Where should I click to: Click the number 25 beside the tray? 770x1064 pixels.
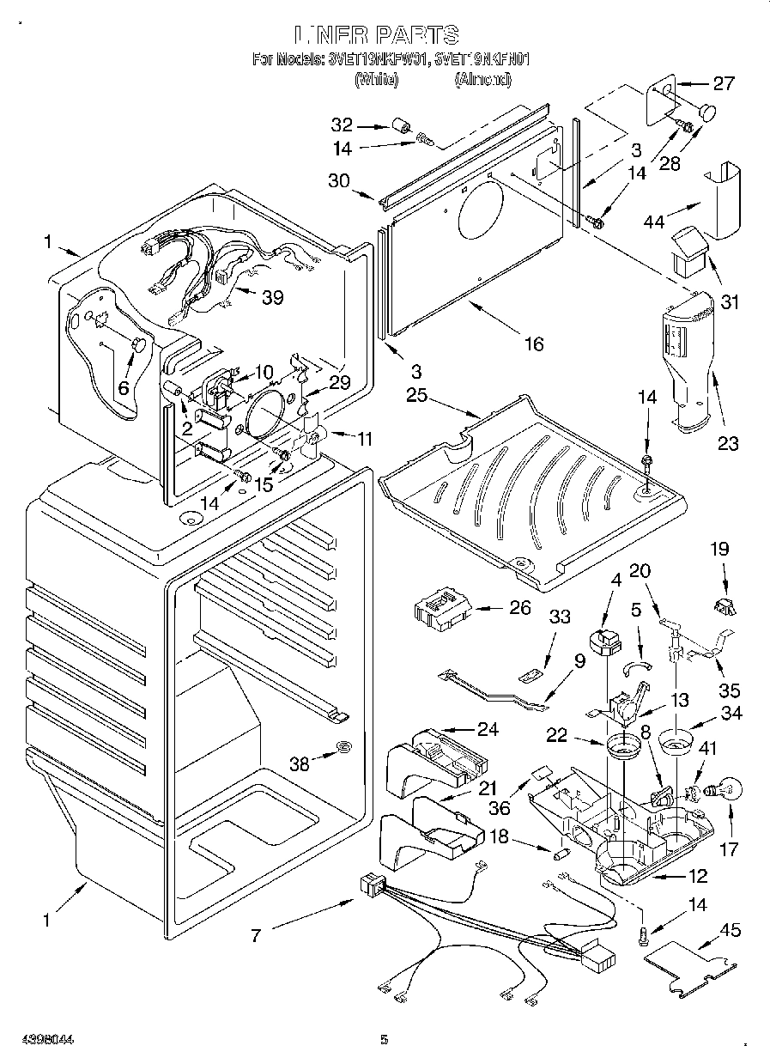(x=416, y=396)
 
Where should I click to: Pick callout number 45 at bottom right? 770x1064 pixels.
(x=731, y=931)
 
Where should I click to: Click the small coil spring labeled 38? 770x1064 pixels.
(x=342, y=747)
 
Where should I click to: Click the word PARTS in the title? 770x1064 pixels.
(x=414, y=34)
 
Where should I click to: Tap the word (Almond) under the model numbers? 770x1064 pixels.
(x=482, y=79)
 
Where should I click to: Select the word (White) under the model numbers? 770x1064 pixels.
(x=376, y=79)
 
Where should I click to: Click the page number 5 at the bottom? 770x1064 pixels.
(x=385, y=1040)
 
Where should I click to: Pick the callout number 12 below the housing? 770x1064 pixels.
(x=697, y=876)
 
